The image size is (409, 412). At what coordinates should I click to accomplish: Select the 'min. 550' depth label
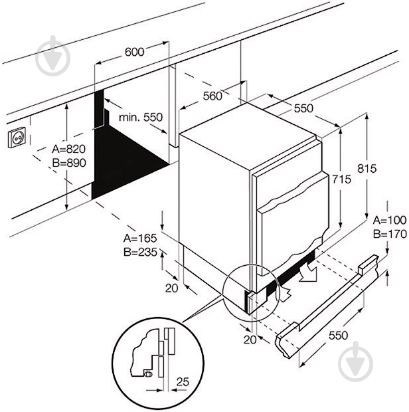[140, 117]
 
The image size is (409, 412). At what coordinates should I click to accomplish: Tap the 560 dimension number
[212, 96]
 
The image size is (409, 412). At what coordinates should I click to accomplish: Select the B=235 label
[138, 252]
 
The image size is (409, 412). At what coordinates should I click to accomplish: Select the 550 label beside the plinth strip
[338, 336]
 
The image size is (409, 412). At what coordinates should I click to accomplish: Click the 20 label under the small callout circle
[249, 340]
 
